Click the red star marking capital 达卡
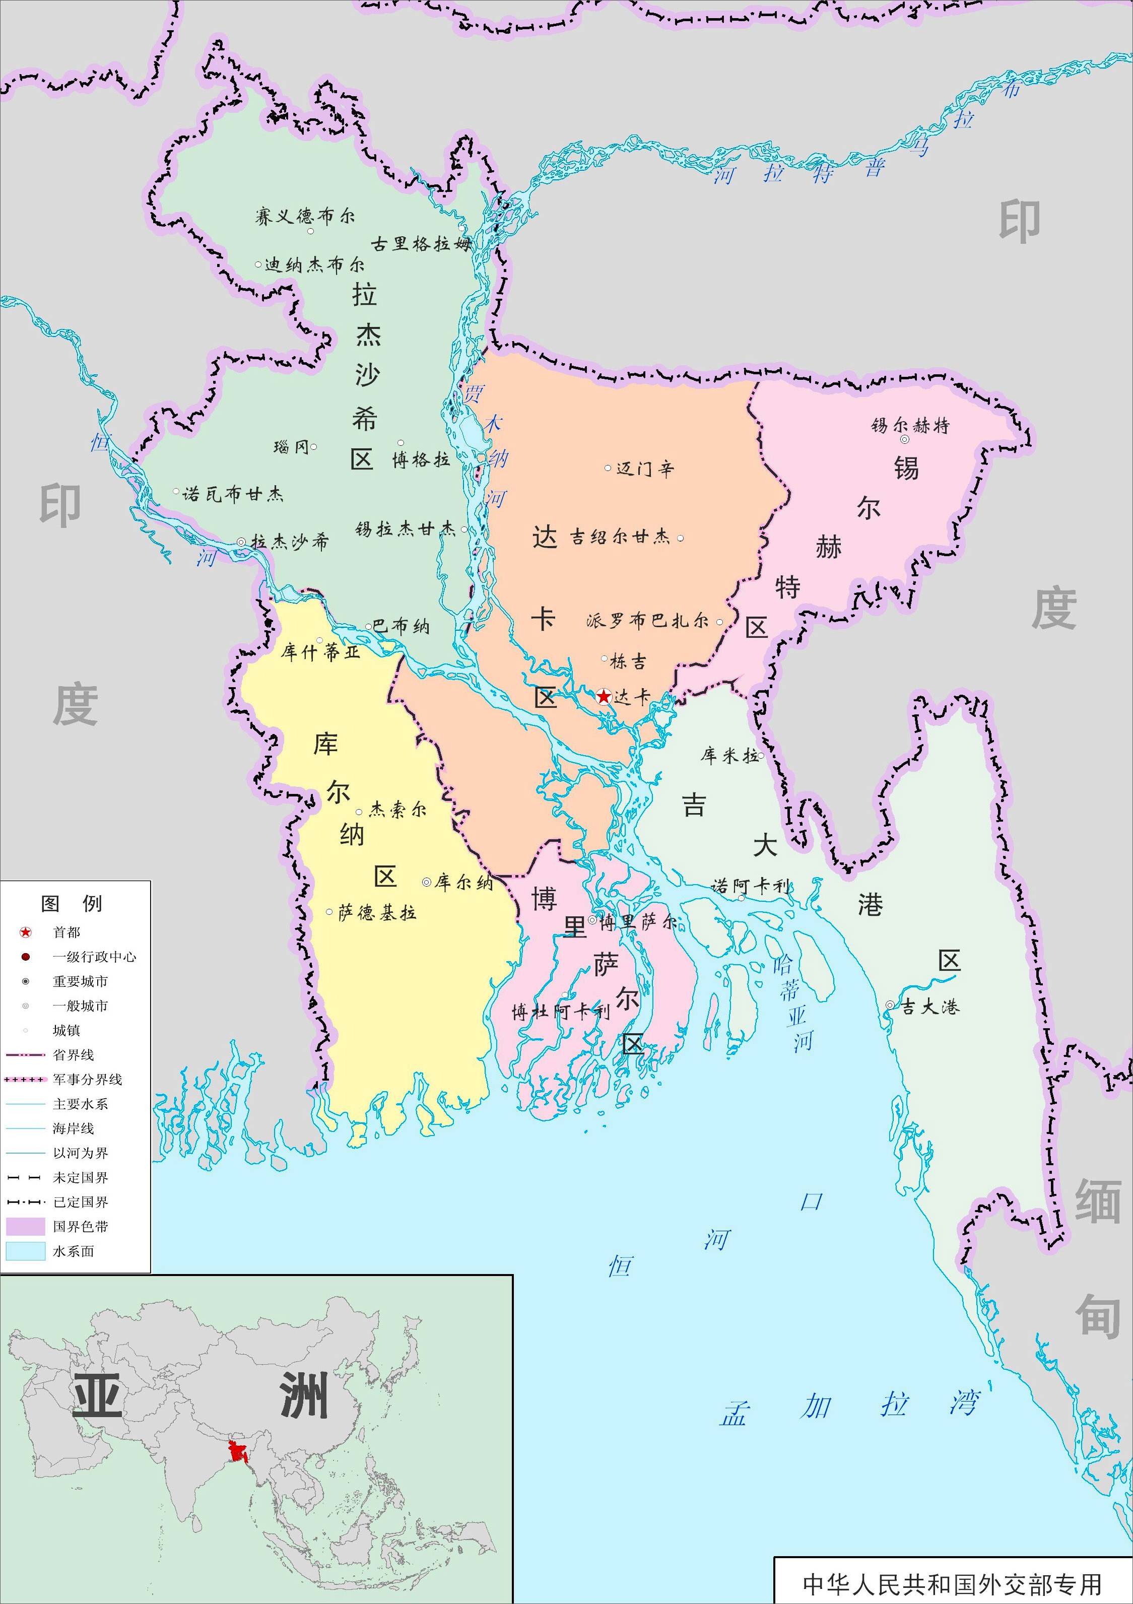pyautogui.click(x=604, y=697)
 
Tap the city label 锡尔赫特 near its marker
pyautogui.click(x=910, y=426)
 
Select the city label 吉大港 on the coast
pyautogui.click(x=930, y=1007)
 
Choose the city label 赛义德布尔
pyautogui.click(x=305, y=217)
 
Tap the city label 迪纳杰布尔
pyautogui.click(x=314, y=265)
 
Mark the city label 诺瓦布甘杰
pyautogui.click(x=233, y=495)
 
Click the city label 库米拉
pyautogui.click(x=729, y=755)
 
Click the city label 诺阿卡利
pyautogui.click(x=750, y=887)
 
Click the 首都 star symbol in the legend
pyautogui.click(x=26, y=932)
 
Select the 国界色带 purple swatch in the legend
pyautogui.click(x=26, y=1227)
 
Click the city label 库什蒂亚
pyautogui.click(x=320, y=652)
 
